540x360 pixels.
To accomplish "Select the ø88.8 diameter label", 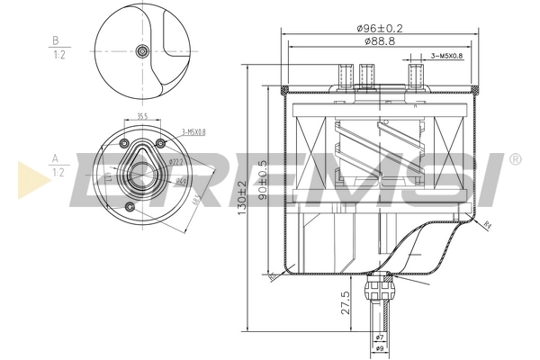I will [379, 41].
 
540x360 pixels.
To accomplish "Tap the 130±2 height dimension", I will [242, 195].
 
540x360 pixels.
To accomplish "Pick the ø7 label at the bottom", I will [379, 337].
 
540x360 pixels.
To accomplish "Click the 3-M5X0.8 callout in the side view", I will [447, 55].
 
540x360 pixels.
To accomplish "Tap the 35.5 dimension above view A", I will [142, 115].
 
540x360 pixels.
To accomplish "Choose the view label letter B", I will [56, 40].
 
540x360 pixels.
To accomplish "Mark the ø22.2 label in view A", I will [176, 162].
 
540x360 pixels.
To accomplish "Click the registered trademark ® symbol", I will [514, 160].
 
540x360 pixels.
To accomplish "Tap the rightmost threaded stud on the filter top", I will [415, 74].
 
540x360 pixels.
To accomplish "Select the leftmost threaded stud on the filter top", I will [343, 76].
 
